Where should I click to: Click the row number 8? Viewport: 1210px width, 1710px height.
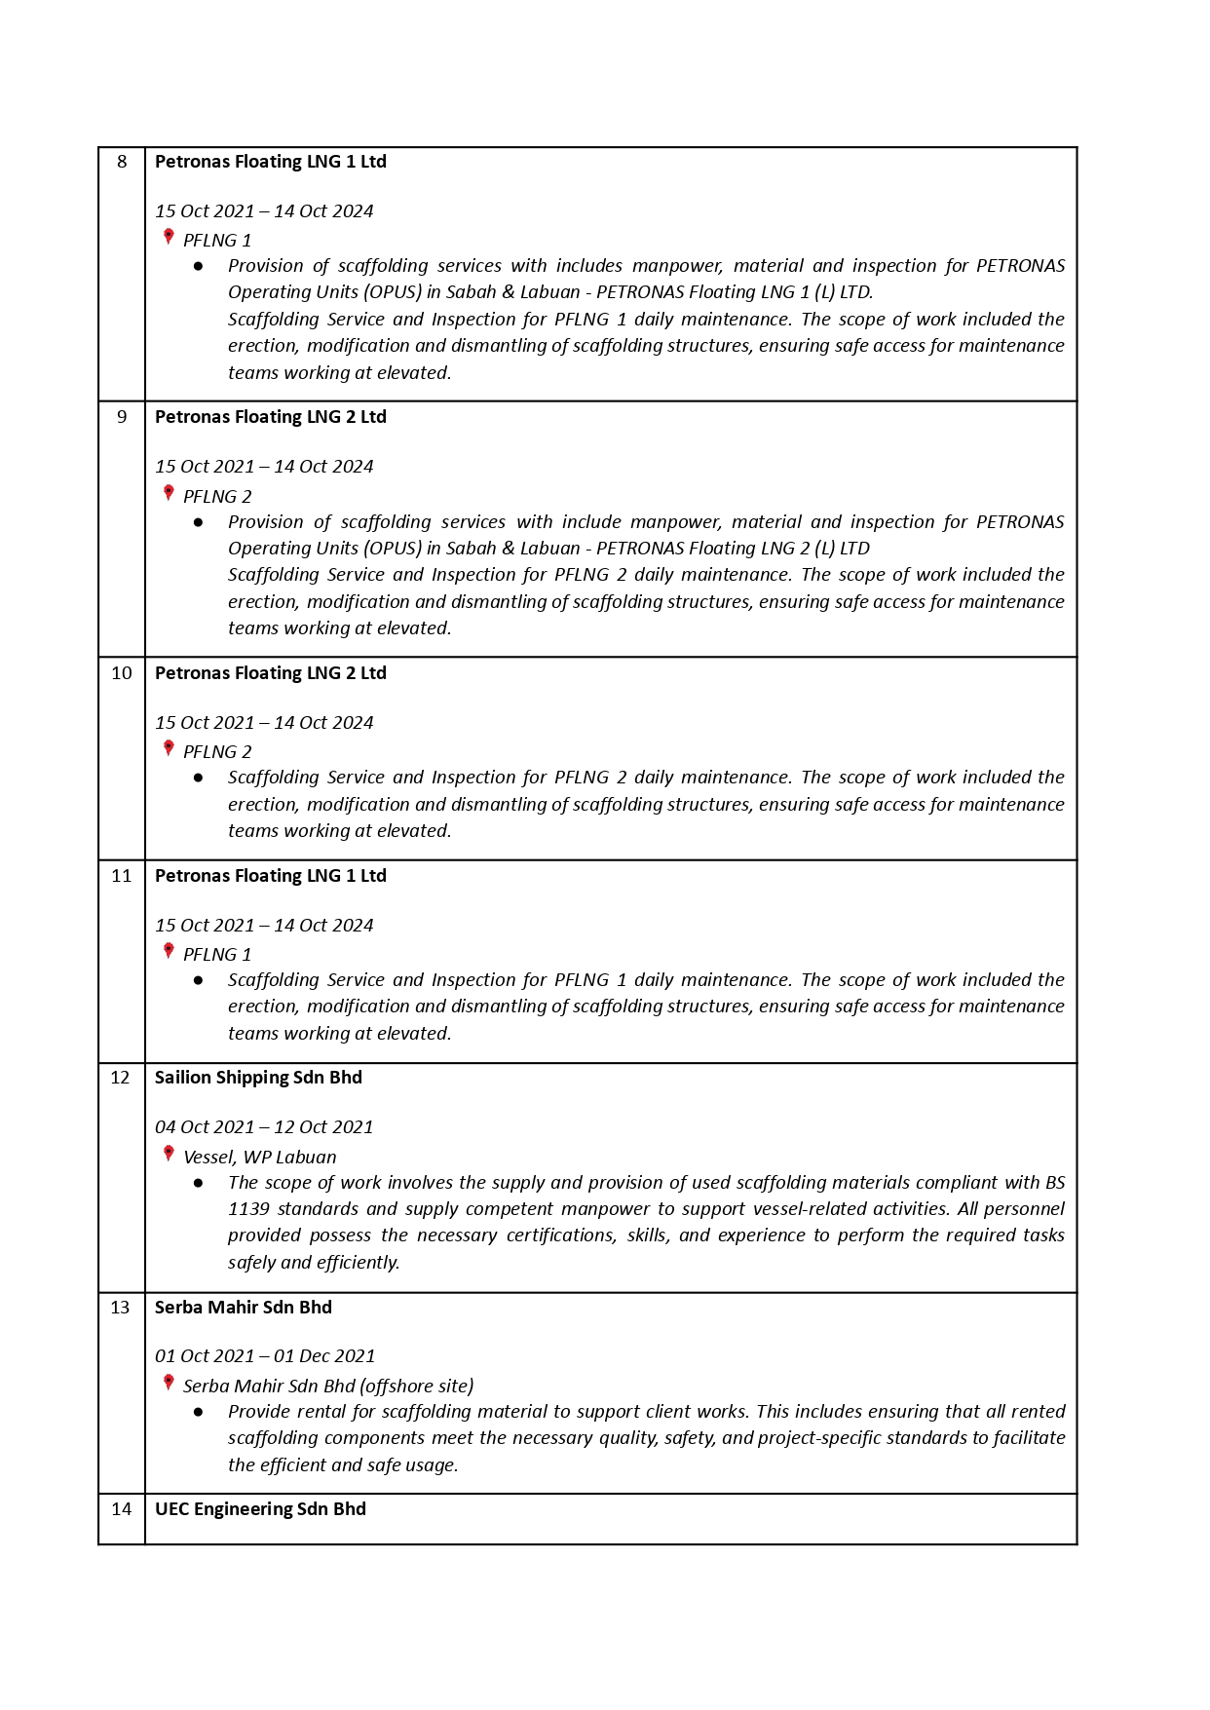coord(122,162)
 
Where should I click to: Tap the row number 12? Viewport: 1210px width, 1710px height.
coord(120,1078)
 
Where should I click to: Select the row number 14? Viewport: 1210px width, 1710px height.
coord(121,1509)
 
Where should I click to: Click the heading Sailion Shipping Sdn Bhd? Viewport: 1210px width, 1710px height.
coord(258,1078)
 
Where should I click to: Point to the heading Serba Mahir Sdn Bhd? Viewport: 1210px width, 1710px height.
coord(243,1308)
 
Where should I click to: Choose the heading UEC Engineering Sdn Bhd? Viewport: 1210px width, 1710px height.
coord(260,1509)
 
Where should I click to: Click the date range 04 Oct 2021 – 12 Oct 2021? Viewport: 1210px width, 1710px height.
coord(264,1127)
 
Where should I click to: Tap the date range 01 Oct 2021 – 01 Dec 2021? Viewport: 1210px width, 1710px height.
coord(265,1356)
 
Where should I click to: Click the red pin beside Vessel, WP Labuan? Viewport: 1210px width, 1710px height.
coord(169,1155)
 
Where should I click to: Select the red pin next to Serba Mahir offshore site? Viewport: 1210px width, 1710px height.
coord(169,1384)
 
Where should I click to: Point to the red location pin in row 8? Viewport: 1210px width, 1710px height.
coord(169,237)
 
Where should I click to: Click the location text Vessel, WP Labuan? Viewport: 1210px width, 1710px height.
coord(259,1158)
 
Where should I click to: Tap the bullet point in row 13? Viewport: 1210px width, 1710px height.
coord(199,1412)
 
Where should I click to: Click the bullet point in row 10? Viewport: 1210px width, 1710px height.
coord(199,778)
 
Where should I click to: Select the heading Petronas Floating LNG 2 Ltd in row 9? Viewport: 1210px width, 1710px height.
coord(270,417)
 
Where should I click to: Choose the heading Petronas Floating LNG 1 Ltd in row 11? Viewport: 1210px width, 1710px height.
coord(270,876)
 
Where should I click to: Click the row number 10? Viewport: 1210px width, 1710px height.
coord(121,673)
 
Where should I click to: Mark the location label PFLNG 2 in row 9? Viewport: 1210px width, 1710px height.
coord(217,497)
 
